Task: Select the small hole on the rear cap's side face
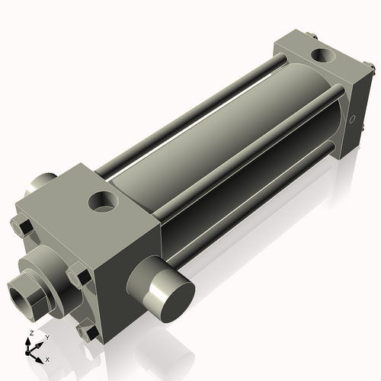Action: [x=352, y=119]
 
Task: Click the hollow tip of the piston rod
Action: [x=21, y=291]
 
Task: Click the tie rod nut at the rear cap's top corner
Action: [x=313, y=34]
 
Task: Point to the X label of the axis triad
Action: [x=47, y=358]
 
